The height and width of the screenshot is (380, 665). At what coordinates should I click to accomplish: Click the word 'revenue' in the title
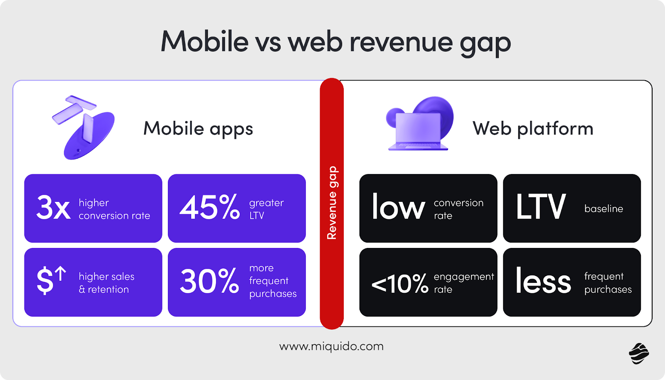(401, 42)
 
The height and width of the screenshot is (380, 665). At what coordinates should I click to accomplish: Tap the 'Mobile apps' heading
(198, 128)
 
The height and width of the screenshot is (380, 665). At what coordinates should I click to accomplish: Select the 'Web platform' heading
(533, 128)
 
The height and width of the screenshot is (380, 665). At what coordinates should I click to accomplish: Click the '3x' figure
(53, 208)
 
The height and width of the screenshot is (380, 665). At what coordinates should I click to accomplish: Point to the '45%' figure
(210, 207)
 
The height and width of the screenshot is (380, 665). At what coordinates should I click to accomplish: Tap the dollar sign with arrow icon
(51, 280)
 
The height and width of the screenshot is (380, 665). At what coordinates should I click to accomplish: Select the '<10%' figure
(400, 284)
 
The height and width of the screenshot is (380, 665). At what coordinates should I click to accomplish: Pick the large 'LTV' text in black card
(540, 207)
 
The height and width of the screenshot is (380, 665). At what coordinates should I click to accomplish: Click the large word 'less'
(543, 281)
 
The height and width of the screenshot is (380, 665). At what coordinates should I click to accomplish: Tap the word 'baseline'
(603, 208)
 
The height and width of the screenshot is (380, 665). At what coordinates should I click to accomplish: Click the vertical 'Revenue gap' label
(332, 203)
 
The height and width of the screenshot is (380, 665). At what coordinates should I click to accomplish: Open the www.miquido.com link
(331, 346)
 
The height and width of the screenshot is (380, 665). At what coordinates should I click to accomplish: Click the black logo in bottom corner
(639, 353)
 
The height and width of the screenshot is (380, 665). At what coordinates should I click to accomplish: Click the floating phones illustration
(83, 126)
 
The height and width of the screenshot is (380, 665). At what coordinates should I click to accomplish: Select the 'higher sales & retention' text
(106, 283)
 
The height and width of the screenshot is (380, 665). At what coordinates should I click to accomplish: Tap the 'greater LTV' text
(266, 209)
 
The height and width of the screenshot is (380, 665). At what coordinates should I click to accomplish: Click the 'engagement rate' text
(463, 283)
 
